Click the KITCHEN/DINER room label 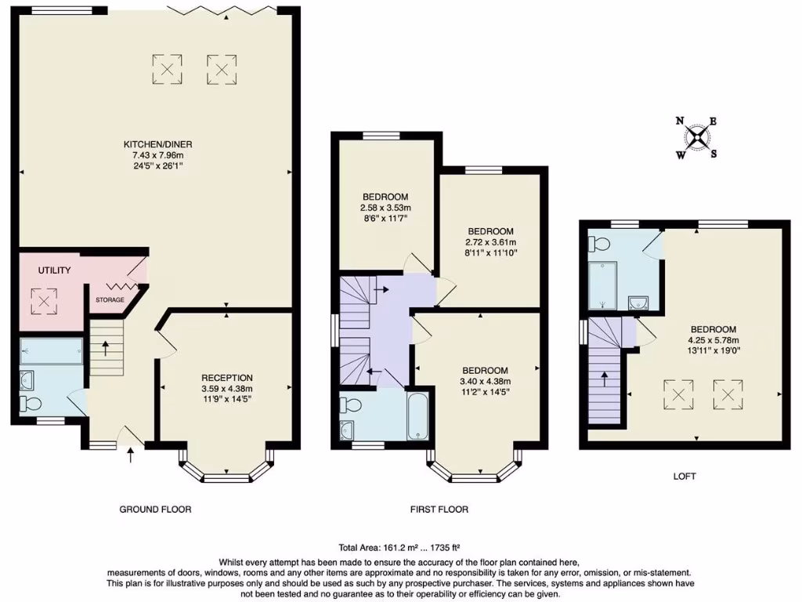click(157, 144)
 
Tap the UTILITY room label click(55, 270)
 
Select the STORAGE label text click(110, 299)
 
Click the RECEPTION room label click(226, 377)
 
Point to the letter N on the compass click(680, 121)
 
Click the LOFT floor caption click(683, 476)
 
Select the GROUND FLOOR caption click(155, 510)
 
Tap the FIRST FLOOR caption click(439, 510)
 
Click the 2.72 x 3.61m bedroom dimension click(491, 242)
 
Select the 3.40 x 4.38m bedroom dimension click(485, 382)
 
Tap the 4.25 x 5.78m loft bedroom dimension click(713, 340)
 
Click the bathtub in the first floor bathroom click(417, 416)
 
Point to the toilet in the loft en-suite click(602, 240)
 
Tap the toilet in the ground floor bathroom click(31, 404)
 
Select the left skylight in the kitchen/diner click(167, 69)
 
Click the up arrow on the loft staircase click(605, 379)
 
